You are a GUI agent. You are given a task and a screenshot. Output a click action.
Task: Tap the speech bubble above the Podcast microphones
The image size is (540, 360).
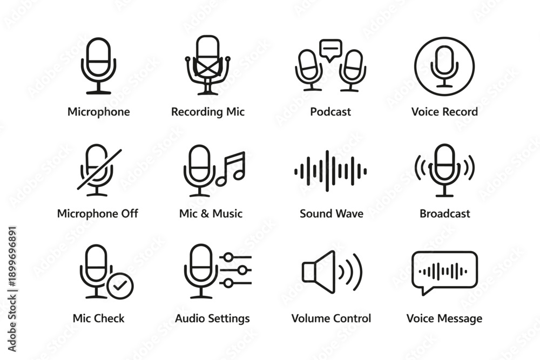coord(330,50)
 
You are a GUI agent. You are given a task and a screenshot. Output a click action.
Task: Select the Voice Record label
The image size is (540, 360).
coord(444,112)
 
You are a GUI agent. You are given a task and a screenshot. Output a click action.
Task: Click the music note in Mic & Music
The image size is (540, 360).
coord(231,168)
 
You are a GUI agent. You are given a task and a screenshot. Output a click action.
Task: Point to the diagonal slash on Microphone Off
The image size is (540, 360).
coord(99,169)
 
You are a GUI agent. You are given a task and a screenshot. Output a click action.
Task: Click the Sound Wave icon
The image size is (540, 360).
coord(330,171)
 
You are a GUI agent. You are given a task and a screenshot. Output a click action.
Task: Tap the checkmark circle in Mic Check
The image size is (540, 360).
coord(120,286)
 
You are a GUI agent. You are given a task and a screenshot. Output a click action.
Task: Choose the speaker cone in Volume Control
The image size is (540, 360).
coord(319,272)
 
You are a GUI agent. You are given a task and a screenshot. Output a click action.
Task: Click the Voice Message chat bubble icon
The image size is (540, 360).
coord(444,273)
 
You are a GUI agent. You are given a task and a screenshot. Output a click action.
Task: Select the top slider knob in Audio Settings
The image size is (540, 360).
coord(228,257)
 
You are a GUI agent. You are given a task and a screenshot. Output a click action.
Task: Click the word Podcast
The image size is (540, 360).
coord(330,112)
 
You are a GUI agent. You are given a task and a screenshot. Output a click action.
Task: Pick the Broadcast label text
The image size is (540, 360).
coord(444,214)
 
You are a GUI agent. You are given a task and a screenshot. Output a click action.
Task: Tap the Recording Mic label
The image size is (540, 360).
coord(208,112)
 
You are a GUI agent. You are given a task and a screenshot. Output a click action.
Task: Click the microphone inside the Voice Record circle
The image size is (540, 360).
coord(444,66)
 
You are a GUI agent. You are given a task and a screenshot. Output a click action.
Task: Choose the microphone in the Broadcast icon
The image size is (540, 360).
coord(444,170)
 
